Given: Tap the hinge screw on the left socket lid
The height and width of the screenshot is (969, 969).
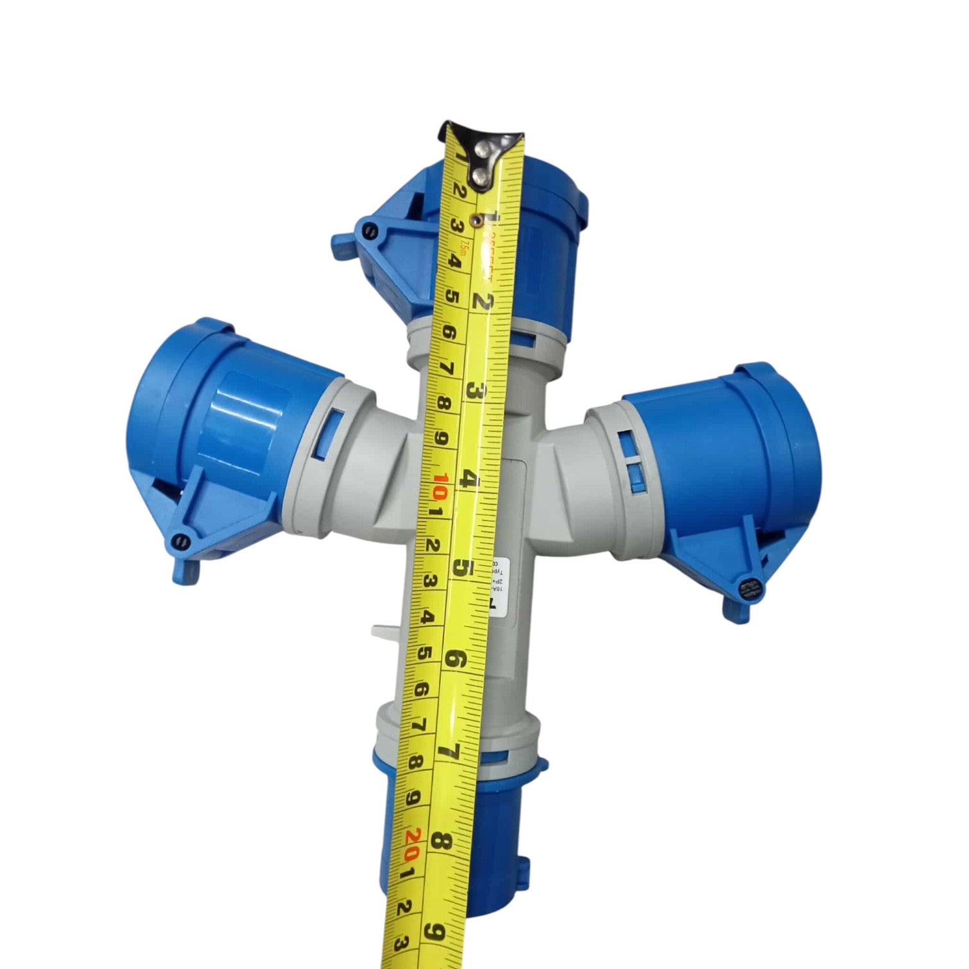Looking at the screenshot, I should pos(181,542).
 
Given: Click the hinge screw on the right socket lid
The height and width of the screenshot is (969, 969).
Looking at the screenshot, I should pos(747,587).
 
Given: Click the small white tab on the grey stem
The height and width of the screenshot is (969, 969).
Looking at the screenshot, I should pos(385,631).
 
